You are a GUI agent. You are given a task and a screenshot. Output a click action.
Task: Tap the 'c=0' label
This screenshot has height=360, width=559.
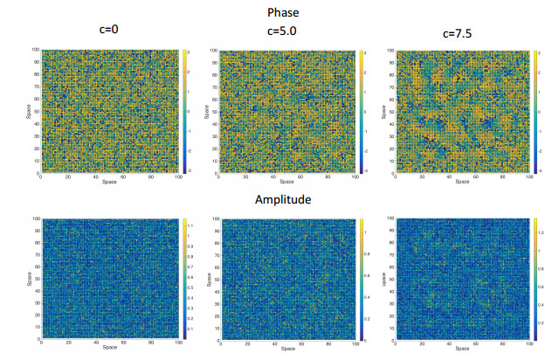click(108, 30)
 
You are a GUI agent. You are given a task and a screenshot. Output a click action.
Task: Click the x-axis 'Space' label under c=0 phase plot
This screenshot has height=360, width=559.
click(108, 183)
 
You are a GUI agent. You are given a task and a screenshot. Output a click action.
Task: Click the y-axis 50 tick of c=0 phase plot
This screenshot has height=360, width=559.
click(36, 110)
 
